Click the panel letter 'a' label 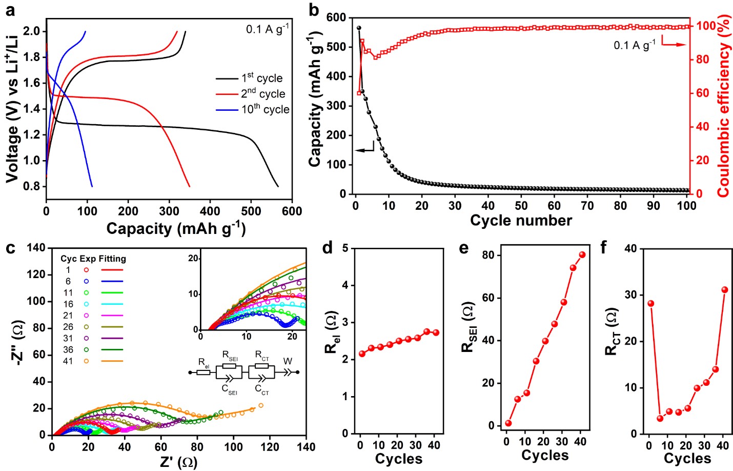point(10,9)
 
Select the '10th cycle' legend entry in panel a point(265,109)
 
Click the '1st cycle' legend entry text point(262,78)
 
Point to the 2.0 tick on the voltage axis point(31,31)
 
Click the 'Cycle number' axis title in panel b point(521,221)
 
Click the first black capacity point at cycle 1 point(359,28)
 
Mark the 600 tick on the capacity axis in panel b point(336,17)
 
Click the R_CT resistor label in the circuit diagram point(261,355)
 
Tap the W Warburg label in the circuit point(288,361)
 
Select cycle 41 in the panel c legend point(68,361)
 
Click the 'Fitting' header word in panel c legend point(112,259)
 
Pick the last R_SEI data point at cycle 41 point(582,254)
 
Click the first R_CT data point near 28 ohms point(651,303)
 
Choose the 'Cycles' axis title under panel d point(398,458)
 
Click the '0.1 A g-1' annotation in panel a point(267,29)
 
